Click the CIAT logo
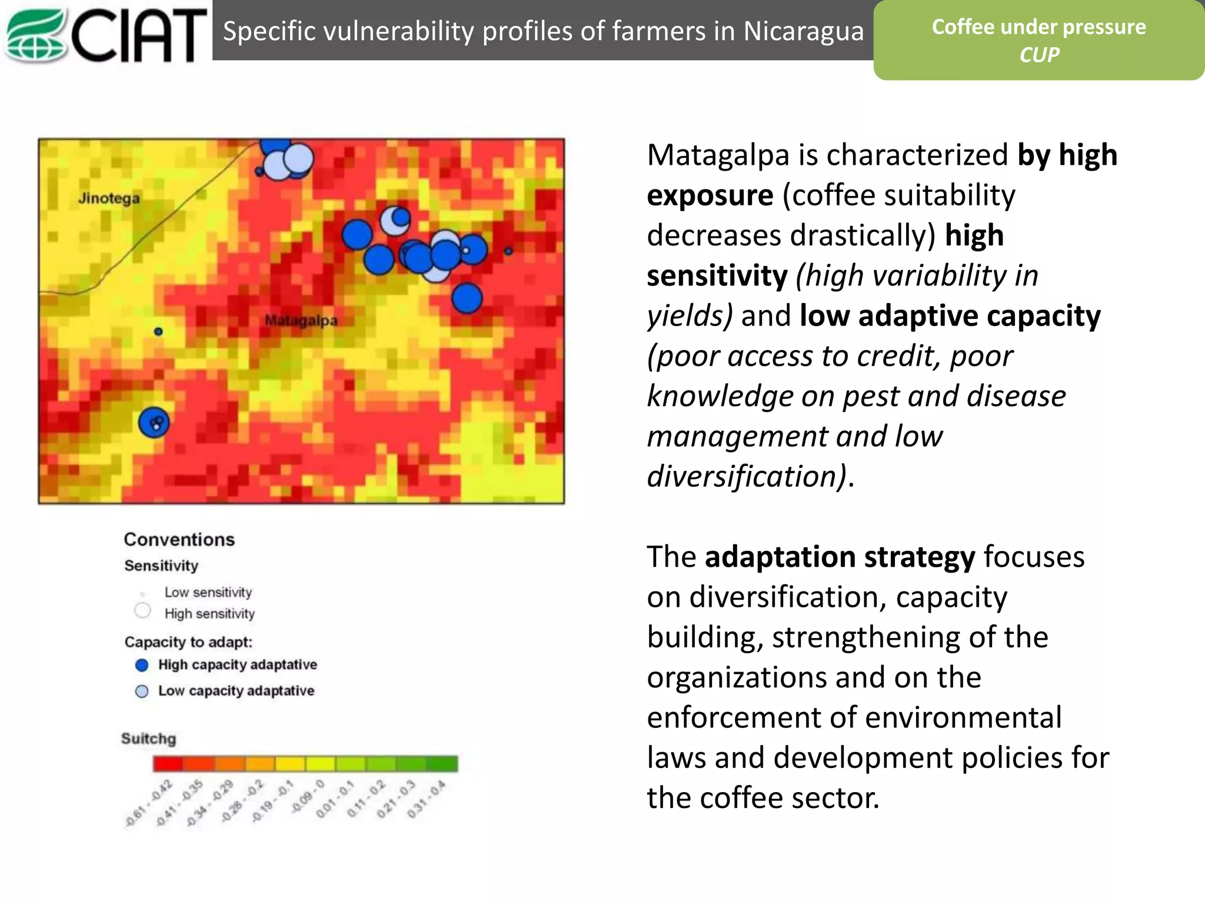click(x=106, y=34)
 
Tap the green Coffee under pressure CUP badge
click(x=1038, y=40)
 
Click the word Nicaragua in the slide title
click(x=803, y=31)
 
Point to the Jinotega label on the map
click(x=109, y=198)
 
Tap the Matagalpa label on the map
click(x=301, y=321)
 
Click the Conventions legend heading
click(x=179, y=539)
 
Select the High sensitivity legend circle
click(x=142, y=611)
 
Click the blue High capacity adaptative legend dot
click(x=142, y=665)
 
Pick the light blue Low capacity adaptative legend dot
click(x=142, y=691)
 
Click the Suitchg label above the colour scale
click(x=148, y=739)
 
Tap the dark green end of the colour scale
click(x=442, y=764)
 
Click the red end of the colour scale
click(x=168, y=764)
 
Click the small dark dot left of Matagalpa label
click(x=158, y=331)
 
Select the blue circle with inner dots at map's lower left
click(x=154, y=423)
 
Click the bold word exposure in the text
click(x=710, y=195)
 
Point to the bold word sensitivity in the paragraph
click(x=717, y=275)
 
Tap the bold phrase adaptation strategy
click(x=840, y=557)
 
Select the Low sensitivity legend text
click(x=208, y=592)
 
